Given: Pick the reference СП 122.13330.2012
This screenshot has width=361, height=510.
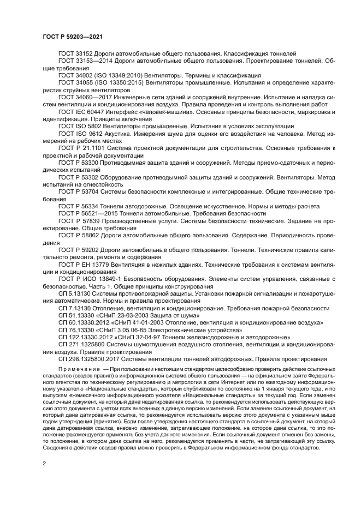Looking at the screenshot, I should tap(86, 338).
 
